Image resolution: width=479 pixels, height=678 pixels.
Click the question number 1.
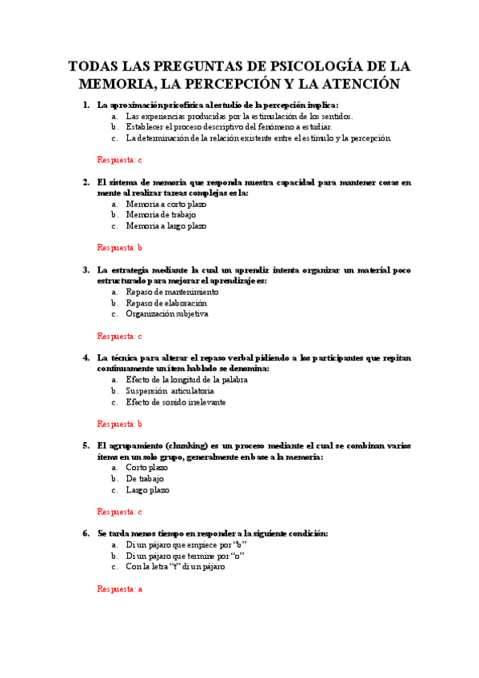86,105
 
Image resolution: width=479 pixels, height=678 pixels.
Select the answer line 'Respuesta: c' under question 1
119,160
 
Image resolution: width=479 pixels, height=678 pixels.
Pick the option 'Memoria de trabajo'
161,214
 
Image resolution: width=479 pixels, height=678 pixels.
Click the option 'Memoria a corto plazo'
166,204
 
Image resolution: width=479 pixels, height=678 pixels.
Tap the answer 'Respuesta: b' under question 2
119,248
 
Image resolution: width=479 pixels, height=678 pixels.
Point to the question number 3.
86,270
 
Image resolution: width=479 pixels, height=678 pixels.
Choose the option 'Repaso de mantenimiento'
172,292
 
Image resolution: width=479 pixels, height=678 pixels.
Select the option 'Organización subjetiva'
167,314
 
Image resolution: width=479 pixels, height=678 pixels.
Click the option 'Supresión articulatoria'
170,391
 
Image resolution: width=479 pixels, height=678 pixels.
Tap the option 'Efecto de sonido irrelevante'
176,402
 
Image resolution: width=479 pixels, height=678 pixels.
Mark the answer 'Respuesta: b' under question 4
119,424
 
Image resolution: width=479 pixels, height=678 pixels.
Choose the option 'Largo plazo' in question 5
147,490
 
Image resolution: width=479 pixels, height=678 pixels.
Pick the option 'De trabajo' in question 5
145,479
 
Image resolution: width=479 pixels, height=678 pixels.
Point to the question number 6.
86,533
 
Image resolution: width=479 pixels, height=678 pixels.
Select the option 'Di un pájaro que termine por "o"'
186,556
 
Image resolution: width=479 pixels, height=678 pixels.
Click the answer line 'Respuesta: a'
119,589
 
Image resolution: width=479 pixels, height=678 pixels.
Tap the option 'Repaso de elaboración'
166,303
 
